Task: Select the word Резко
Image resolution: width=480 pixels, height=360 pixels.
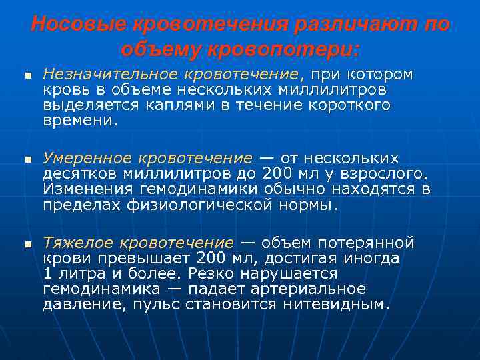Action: (212, 274)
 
